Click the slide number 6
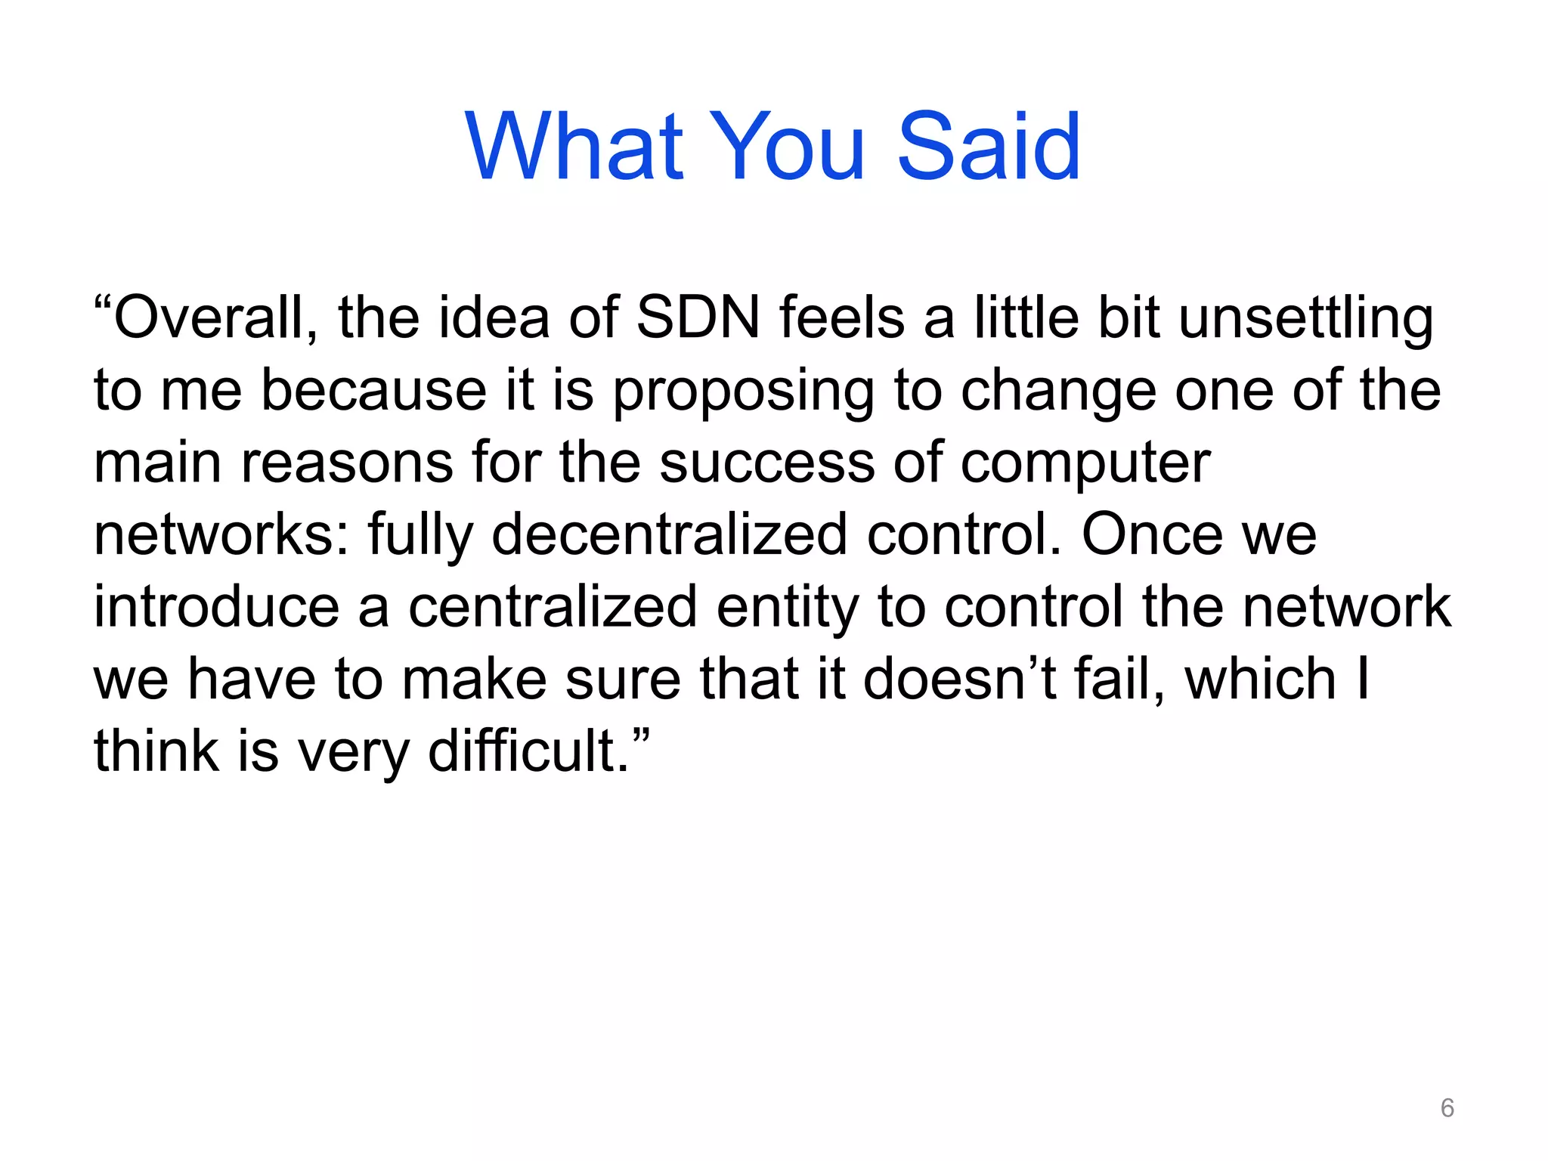click(1447, 1108)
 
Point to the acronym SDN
click(698, 317)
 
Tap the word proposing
click(743, 392)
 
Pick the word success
click(766, 463)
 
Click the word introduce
click(216, 607)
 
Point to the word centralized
click(553, 607)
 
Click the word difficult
click(528, 751)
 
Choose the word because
click(373, 391)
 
